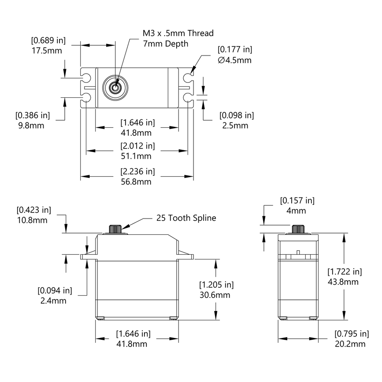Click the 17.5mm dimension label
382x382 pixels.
[46, 51]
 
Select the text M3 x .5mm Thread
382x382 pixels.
[178, 33]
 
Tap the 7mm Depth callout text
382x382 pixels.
[166, 44]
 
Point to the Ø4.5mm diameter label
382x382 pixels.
[234, 60]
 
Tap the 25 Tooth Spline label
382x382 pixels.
[186, 218]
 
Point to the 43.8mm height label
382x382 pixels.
[344, 282]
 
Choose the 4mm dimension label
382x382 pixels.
[297, 211]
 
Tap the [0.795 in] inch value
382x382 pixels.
[352, 333]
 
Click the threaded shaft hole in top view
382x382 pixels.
[115, 87]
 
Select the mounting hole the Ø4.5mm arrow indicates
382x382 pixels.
[188, 78]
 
